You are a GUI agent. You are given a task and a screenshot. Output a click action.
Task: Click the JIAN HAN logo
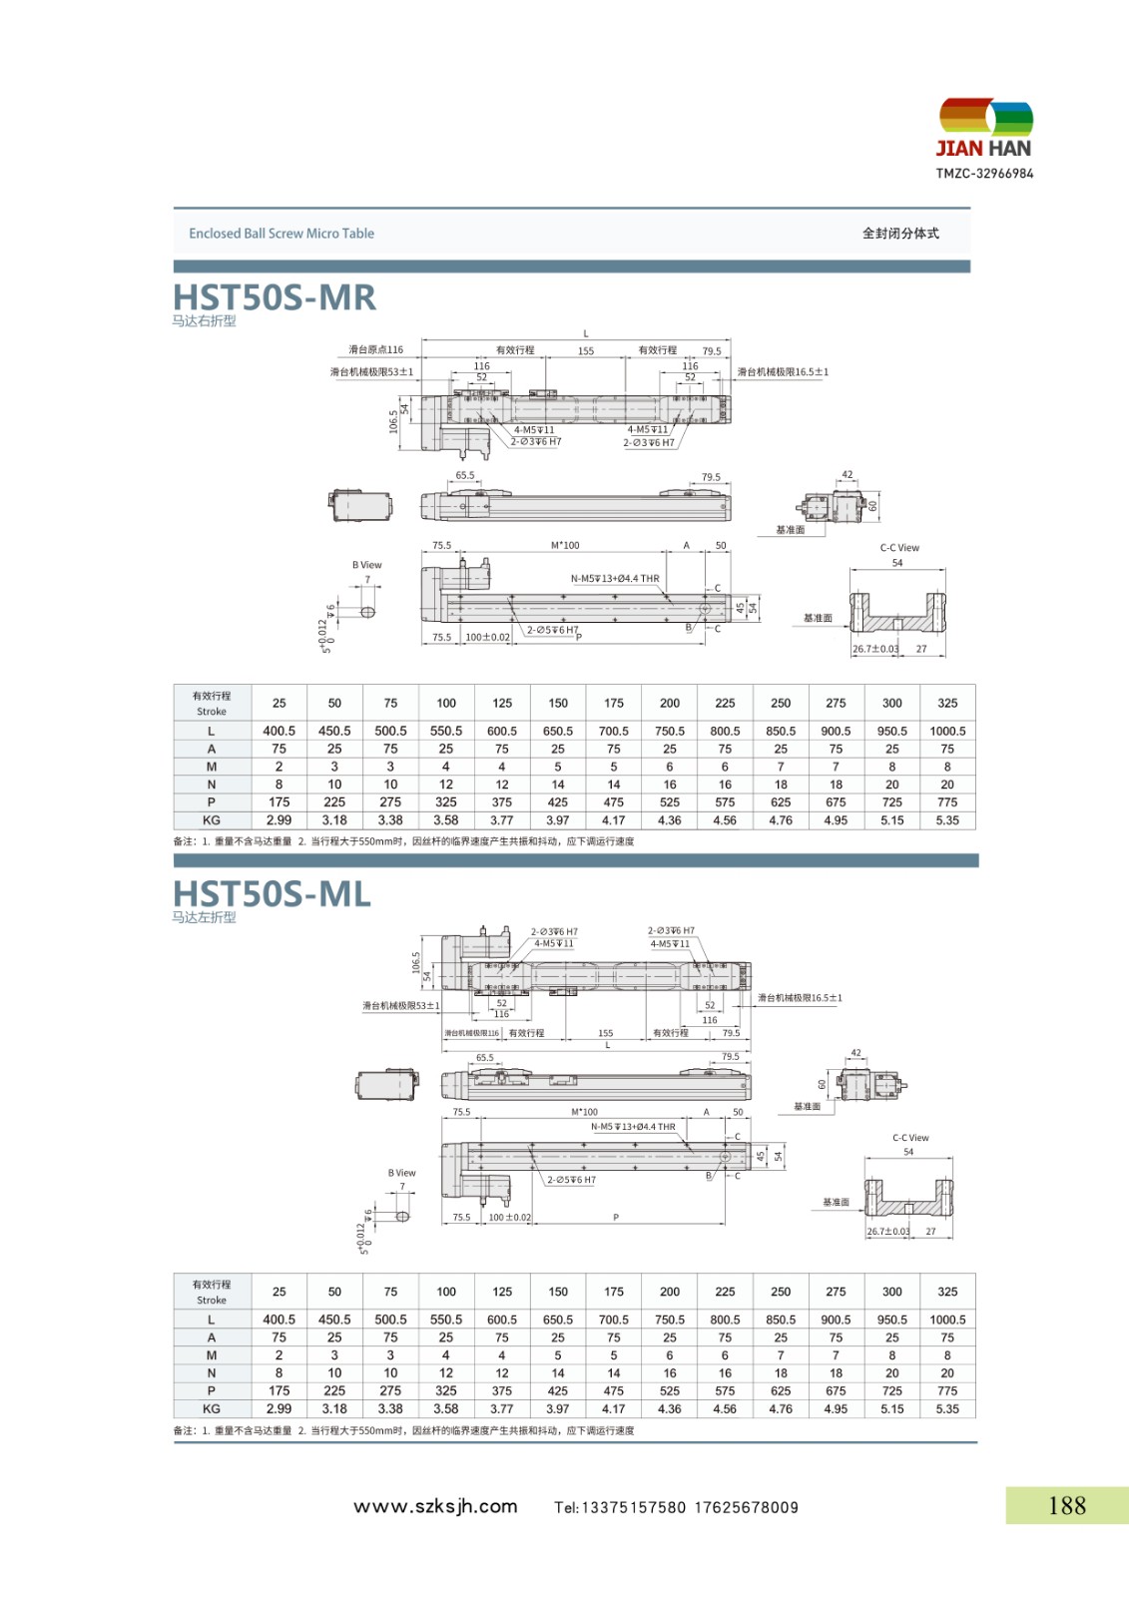pyautogui.click(x=984, y=130)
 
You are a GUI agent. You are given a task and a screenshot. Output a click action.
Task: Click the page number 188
pyautogui.click(x=1066, y=1505)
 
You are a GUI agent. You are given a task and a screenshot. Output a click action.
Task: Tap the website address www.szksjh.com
pyautogui.click(x=435, y=1506)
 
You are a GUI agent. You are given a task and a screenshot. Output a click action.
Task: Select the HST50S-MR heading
pyautogui.click(x=275, y=297)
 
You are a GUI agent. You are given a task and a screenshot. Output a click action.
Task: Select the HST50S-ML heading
pyautogui.click(x=272, y=893)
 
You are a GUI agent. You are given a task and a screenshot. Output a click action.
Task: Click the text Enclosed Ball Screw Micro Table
pyautogui.click(x=282, y=234)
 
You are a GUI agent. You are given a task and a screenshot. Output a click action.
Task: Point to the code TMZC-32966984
pyautogui.click(x=984, y=174)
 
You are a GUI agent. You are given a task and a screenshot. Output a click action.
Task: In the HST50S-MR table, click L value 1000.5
pyautogui.click(x=947, y=731)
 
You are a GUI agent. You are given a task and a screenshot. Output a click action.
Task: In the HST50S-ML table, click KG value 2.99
pyautogui.click(x=280, y=1408)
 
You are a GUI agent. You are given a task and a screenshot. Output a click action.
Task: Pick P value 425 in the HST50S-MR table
pyautogui.click(x=558, y=802)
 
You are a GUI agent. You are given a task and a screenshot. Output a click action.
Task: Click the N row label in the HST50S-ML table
pyautogui.click(x=212, y=1373)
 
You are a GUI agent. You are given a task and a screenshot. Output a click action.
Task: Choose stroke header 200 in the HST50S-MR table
pyautogui.click(x=670, y=703)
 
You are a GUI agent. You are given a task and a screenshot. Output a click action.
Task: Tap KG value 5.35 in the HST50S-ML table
pyautogui.click(x=947, y=1408)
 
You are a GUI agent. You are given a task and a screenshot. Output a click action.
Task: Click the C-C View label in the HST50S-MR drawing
pyautogui.click(x=899, y=548)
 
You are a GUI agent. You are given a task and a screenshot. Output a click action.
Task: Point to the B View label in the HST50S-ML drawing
pyautogui.click(x=401, y=1173)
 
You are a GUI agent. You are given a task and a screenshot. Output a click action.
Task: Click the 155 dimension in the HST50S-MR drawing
pyautogui.click(x=586, y=351)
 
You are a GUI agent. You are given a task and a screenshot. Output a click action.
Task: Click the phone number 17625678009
pyautogui.click(x=747, y=1507)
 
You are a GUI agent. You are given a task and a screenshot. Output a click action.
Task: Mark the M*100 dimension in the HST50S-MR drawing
pyautogui.click(x=565, y=546)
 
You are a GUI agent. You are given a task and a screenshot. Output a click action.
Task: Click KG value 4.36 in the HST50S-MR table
pyautogui.click(x=670, y=820)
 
